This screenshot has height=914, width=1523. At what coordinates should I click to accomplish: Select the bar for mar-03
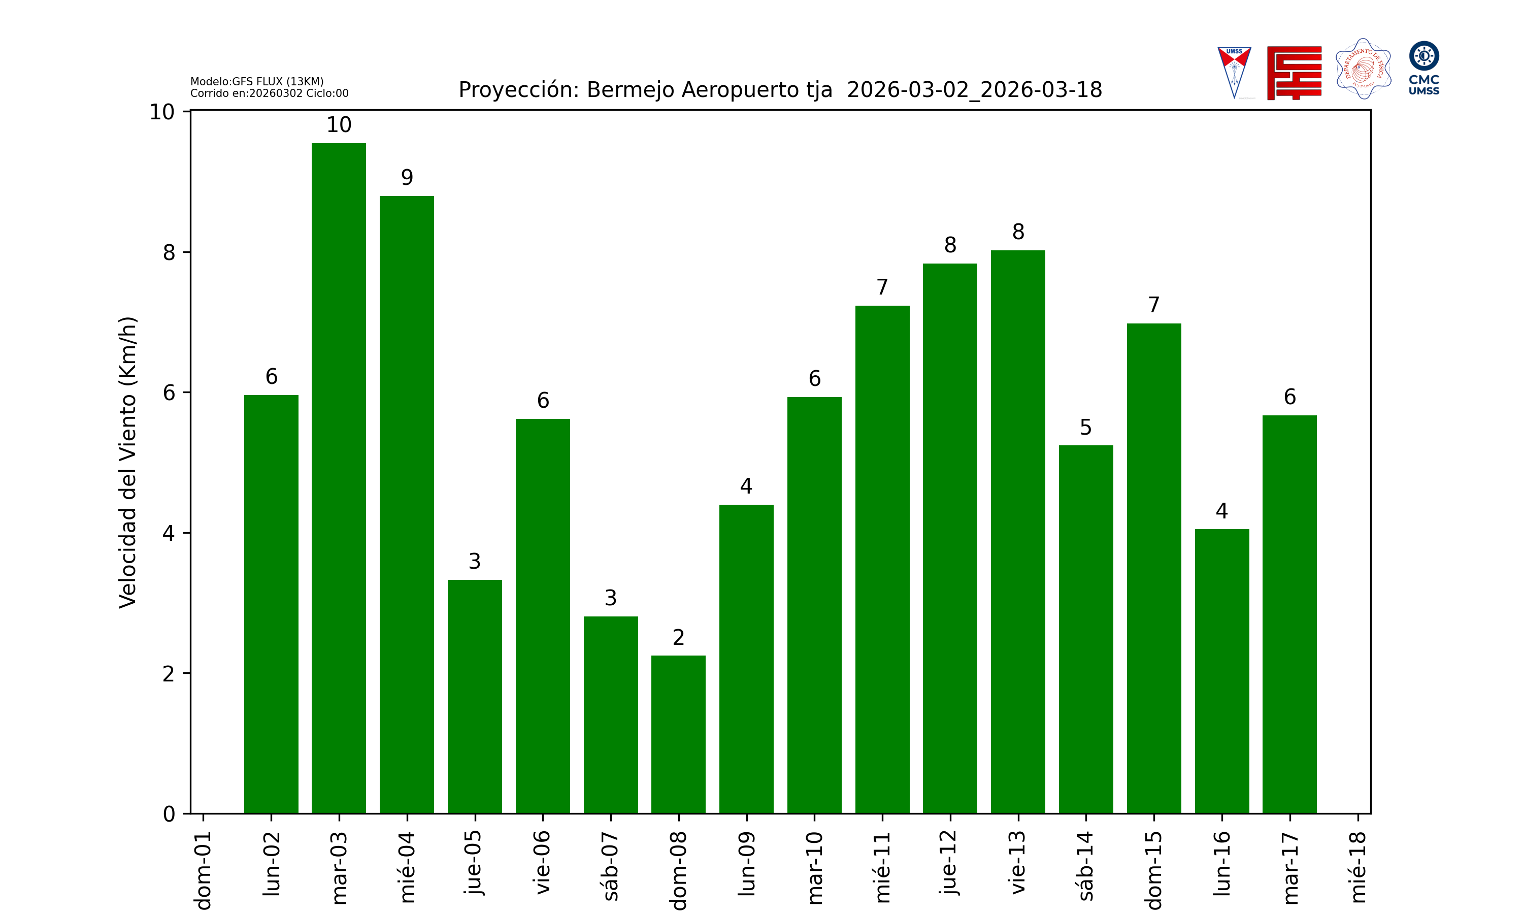pos(339,478)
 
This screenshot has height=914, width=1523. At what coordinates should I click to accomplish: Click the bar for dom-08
pos(678,734)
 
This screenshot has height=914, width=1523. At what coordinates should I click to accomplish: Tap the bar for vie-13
pos(1017,532)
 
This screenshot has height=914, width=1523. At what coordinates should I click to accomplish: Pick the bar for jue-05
pos(475,696)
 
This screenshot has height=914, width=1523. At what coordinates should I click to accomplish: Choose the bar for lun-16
pos(1221,671)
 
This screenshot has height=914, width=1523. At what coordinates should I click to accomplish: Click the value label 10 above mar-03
pos(339,125)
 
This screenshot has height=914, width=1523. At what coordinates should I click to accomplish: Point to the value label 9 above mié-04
pos(407,177)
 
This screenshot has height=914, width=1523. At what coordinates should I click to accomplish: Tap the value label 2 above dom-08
pos(678,637)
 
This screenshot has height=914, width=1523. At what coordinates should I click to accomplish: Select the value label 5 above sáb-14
pos(1085,428)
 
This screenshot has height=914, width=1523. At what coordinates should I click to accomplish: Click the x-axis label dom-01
pos(203,870)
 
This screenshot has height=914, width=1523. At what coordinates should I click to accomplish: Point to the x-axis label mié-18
pos(1358,867)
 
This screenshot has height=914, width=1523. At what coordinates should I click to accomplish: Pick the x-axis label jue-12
pos(950,862)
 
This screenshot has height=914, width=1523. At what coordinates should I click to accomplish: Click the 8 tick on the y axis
pos(169,252)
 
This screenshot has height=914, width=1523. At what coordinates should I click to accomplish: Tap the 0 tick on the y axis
pos(169,814)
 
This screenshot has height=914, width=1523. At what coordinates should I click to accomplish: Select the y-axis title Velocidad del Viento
pos(127,462)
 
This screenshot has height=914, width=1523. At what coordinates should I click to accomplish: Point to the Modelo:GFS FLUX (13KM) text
pos(257,81)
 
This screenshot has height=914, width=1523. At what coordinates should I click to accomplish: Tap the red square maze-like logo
pos(1294,73)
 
